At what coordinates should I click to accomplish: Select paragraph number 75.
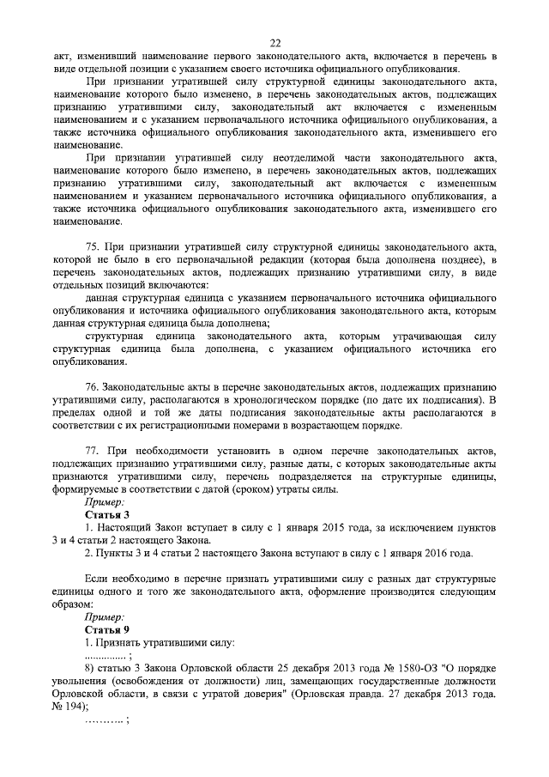click(94, 247)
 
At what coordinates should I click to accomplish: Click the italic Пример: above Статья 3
click(105, 501)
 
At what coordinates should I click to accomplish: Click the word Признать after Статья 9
click(126, 641)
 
